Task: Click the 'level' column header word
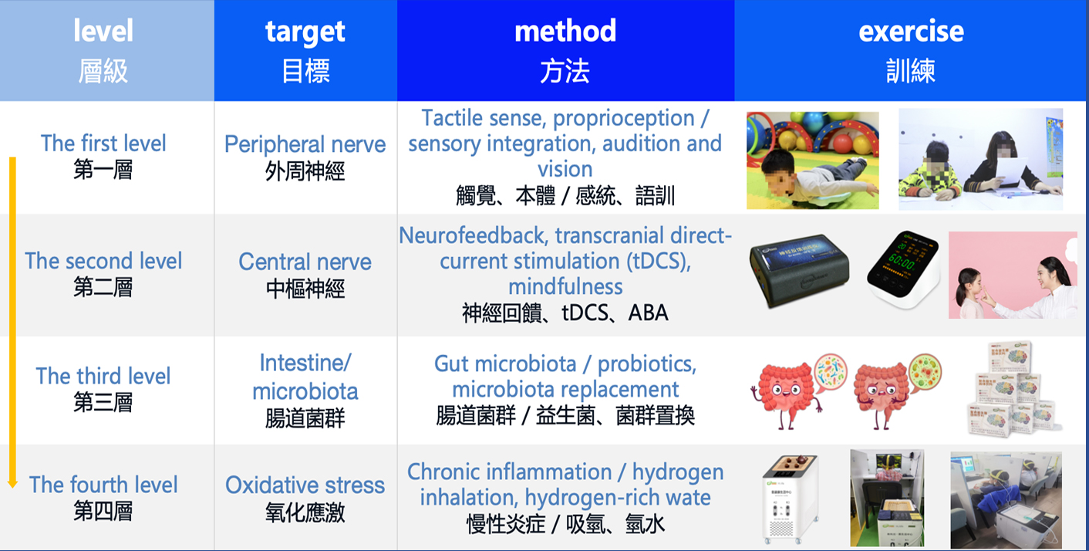[x=103, y=31]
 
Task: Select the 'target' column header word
[x=305, y=32]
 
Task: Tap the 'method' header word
[x=565, y=31]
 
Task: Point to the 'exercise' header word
[x=911, y=32]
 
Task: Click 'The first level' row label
[x=103, y=143]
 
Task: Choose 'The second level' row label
[x=103, y=261]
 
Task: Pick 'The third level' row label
[x=103, y=376]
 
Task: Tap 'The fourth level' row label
[x=103, y=485]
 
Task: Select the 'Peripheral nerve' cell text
[x=305, y=144]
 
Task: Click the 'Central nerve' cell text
[x=305, y=262]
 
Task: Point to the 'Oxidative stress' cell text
[x=305, y=485]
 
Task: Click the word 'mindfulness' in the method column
[x=565, y=286]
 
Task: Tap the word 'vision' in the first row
[x=565, y=169]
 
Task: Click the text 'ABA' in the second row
[x=648, y=313]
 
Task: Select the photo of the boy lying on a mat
[x=813, y=161]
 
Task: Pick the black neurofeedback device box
[x=799, y=270]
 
